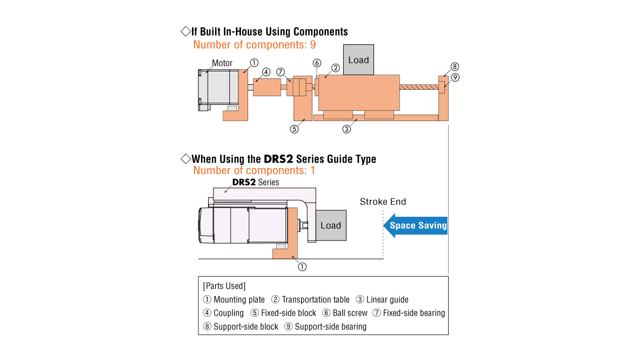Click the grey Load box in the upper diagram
[358, 60]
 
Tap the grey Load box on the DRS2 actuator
[330, 225]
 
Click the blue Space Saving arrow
[415, 225]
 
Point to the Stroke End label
[383, 202]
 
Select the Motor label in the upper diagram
[222, 63]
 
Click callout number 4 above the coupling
[266, 72]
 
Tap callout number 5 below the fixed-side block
[295, 129]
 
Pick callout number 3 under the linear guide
[347, 129]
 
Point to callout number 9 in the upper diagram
[455, 77]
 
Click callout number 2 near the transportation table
[335, 68]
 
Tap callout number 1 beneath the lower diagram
[302, 266]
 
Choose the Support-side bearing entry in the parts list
[330, 326]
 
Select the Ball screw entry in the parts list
[350, 313]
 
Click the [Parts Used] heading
[224, 285]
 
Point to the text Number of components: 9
[255, 45]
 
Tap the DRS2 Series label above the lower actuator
[256, 182]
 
